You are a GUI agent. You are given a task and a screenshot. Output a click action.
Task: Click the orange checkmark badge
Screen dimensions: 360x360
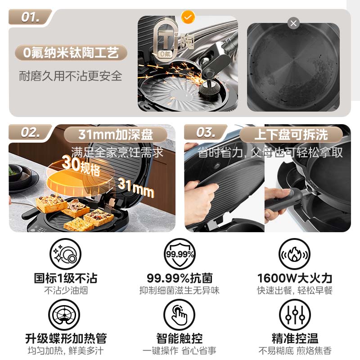[x=188, y=17]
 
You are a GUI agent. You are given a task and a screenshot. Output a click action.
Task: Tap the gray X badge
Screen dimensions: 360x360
[x=293, y=23]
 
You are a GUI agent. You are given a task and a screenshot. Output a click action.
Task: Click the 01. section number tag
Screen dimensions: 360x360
[x=30, y=17]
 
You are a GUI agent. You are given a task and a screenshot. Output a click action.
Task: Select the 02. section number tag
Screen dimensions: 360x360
[x=30, y=132]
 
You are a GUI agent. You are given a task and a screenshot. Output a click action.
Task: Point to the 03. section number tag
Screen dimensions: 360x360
[x=205, y=132]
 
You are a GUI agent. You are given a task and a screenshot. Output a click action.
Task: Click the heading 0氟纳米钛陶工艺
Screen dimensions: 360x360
[x=71, y=53]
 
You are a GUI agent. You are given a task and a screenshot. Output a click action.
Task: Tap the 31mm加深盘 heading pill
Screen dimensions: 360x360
[x=116, y=134]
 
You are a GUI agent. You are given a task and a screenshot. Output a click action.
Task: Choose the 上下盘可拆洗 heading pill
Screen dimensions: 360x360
[x=291, y=134]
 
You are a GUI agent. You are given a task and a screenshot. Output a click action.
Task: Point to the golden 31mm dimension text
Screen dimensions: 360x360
[x=136, y=188]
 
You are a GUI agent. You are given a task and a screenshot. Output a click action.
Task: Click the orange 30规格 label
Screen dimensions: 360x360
[x=81, y=165]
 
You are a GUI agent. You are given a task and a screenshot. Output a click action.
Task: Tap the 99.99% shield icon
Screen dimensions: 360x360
[x=180, y=254]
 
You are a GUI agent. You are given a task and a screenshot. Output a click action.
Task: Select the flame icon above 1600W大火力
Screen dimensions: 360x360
[x=295, y=254]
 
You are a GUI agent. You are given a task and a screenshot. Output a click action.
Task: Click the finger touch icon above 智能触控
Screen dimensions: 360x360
[x=179, y=315]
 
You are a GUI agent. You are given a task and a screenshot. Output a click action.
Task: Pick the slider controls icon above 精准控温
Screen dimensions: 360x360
[x=295, y=315]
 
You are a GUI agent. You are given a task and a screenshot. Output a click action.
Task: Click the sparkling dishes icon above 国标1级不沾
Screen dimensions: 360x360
[x=65, y=254]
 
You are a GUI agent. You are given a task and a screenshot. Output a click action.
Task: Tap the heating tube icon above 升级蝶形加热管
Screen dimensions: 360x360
[x=64, y=315]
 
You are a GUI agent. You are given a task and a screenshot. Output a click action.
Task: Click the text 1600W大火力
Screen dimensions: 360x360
[x=295, y=278]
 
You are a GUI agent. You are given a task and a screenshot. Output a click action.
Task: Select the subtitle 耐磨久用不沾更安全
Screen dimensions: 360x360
[x=70, y=76]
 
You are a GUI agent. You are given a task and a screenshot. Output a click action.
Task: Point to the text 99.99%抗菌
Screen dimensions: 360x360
[x=180, y=278]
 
